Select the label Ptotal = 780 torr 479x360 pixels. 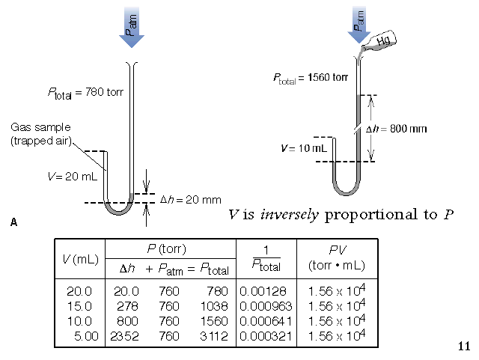[x=85, y=94]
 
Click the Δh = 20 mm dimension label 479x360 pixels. [x=191, y=199]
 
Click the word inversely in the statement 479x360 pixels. [x=288, y=216]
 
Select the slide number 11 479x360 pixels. [x=463, y=346]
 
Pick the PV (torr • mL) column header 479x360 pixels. [x=335, y=257]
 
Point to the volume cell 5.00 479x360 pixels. [x=87, y=336]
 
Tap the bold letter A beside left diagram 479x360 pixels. [x=14, y=222]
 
